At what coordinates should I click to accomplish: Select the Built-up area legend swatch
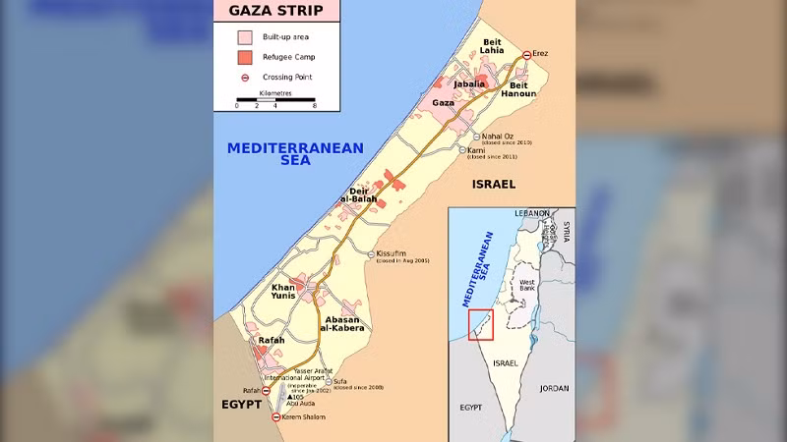click(244, 37)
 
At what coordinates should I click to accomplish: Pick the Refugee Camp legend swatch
click(244, 57)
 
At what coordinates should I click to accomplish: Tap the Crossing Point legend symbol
click(244, 77)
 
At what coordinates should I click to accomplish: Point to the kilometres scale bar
click(275, 99)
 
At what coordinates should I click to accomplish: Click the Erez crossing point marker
click(527, 55)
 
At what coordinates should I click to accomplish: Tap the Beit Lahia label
click(492, 48)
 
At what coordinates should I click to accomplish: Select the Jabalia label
click(469, 84)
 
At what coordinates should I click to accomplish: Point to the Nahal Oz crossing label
click(498, 137)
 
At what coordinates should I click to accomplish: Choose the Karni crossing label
click(482, 150)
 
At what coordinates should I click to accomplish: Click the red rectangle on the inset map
click(481, 325)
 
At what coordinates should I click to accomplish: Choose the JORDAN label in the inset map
click(554, 388)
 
